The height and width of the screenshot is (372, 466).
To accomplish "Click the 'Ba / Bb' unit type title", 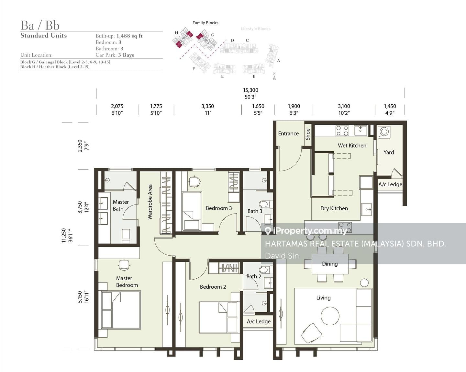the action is pyautogui.click(x=40, y=25).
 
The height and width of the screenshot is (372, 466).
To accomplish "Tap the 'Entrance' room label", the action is pyautogui.click(x=288, y=134).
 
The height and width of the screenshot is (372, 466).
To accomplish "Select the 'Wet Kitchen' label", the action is pyautogui.click(x=352, y=145).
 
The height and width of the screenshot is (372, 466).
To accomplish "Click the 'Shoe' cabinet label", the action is pyautogui.click(x=308, y=134).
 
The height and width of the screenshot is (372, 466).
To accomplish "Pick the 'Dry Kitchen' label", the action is pyautogui.click(x=334, y=208).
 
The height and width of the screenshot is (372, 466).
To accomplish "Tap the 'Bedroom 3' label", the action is pyautogui.click(x=219, y=208).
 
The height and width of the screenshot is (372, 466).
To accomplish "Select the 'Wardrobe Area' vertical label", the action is pyautogui.click(x=150, y=202).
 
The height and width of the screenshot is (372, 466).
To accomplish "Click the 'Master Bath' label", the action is pyautogui.click(x=121, y=205).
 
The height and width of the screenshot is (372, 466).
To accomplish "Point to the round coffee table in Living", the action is pyautogui.click(x=330, y=316).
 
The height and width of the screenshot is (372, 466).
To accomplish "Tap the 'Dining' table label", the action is pyautogui.click(x=330, y=264).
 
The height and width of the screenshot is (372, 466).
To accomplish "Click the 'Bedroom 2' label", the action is pyautogui.click(x=213, y=287).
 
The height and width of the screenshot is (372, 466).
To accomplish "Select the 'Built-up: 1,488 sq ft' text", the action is pyautogui.click(x=119, y=36).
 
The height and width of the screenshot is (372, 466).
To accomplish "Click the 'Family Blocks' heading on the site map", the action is pyautogui.click(x=205, y=23).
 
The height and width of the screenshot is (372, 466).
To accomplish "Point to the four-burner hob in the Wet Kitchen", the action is pyautogui.click(x=342, y=131).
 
